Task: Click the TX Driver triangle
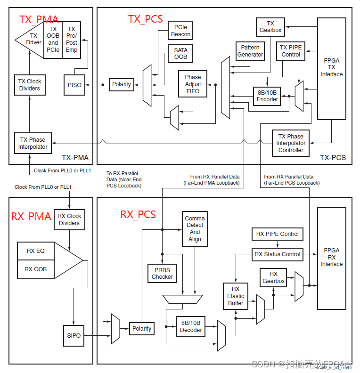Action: click(x=31, y=40)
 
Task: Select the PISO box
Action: click(x=74, y=85)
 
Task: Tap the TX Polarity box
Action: click(x=122, y=84)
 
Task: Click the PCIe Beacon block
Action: click(x=181, y=31)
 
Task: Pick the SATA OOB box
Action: click(x=180, y=54)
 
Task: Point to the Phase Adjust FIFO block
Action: click(x=192, y=84)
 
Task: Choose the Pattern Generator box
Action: click(x=250, y=51)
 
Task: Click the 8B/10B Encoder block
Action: click(x=267, y=96)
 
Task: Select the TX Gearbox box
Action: click(x=270, y=27)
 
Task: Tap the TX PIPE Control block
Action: click(x=291, y=51)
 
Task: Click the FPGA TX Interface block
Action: click(x=332, y=68)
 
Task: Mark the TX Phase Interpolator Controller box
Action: click(x=291, y=143)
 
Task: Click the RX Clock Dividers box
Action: click(x=69, y=219)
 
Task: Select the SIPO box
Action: click(x=74, y=335)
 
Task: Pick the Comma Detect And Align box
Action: click(x=195, y=229)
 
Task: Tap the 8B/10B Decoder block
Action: click(x=191, y=326)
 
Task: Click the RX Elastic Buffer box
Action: click(x=236, y=296)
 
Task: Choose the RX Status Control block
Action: click(x=278, y=254)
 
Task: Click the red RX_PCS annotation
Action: click(x=138, y=214)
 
